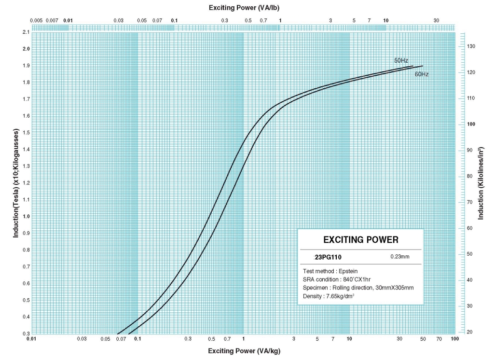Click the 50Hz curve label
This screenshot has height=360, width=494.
tap(401, 60)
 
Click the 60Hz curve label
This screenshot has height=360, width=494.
tap(422, 74)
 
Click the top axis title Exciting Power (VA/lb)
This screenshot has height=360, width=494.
tap(244, 8)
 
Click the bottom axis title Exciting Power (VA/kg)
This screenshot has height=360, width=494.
tap(244, 351)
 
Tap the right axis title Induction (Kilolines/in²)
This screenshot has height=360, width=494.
tap(480, 182)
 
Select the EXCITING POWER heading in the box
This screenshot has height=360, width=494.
tap(360, 239)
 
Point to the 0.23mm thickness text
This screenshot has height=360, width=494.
tap(400, 256)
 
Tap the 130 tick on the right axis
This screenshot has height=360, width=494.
tap(472, 46)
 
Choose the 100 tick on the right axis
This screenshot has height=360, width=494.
tap(472, 124)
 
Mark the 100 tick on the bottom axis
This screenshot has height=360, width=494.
tap(454, 339)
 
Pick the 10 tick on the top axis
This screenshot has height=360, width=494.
tap(385, 20)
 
